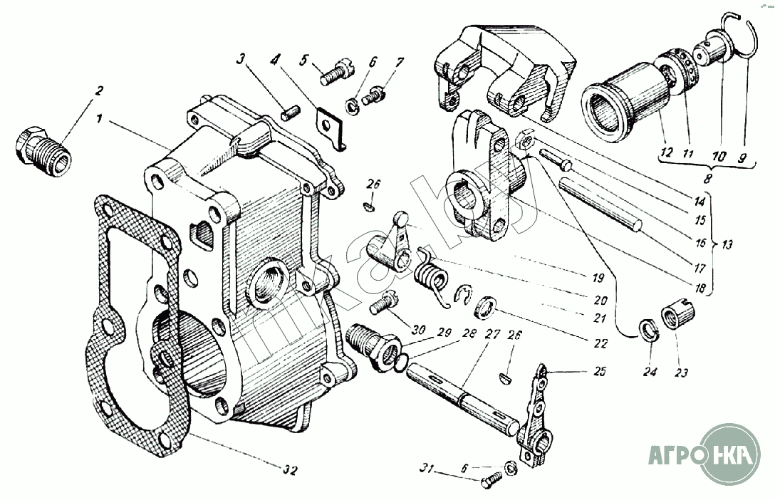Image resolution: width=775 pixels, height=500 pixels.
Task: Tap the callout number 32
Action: point(289,469)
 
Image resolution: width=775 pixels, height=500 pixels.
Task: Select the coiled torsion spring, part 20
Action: point(432,274)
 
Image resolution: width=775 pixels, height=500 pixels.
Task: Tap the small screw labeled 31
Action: point(489,484)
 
